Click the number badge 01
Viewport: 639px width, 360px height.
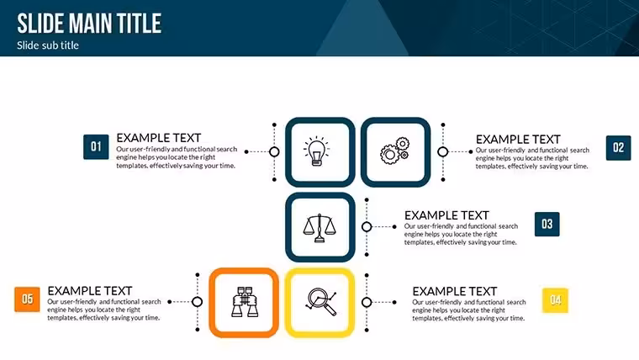click(x=96, y=146)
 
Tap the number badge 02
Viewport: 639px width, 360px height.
click(x=618, y=147)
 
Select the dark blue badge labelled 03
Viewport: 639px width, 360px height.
click(x=547, y=225)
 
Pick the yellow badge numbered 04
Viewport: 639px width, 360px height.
click(x=555, y=300)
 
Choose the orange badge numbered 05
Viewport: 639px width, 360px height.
click(x=27, y=299)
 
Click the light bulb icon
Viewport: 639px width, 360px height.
click(x=317, y=151)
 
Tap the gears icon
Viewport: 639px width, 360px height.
click(x=394, y=151)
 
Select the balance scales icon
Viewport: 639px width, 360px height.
click(x=319, y=228)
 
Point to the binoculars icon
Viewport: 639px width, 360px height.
click(x=245, y=302)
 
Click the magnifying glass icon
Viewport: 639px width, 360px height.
click(x=321, y=301)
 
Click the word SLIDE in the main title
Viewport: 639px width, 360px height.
click(x=40, y=24)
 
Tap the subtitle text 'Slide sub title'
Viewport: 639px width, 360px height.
click(x=48, y=45)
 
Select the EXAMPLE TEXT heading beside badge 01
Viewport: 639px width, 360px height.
click(x=159, y=138)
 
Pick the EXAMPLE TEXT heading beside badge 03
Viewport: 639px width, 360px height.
click(x=446, y=215)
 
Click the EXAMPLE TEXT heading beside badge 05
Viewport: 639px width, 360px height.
click(x=90, y=291)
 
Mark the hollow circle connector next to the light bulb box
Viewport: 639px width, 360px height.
click(x=274, y=151)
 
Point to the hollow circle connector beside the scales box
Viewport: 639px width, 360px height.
click(x=367, y=226)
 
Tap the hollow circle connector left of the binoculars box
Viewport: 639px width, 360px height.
click(x=198, y=302)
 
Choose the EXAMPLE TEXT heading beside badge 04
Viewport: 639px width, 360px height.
click(x=454, y=292)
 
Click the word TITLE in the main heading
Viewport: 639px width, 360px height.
click(x=139, y=24)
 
